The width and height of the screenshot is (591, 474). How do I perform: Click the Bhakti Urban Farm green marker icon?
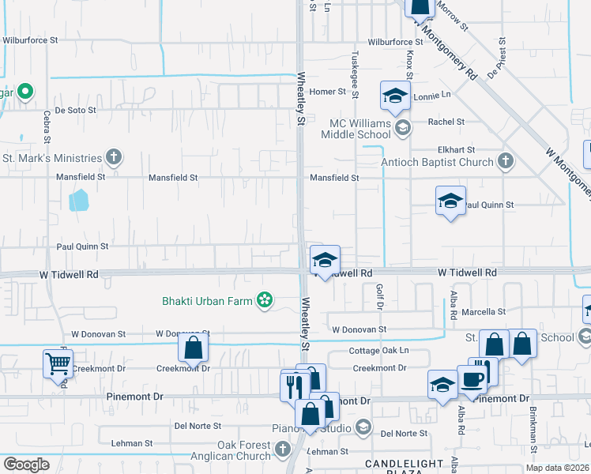(265, 300)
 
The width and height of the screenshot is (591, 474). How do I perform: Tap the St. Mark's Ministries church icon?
(114, 157)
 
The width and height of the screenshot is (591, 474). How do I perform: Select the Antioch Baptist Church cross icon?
(506, 162)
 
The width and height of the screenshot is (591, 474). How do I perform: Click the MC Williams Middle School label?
(362, 129)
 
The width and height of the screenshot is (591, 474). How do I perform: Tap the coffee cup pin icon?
(472, 378)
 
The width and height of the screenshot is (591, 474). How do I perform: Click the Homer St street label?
(328, 92)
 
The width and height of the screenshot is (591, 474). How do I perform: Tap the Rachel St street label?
(446, 122)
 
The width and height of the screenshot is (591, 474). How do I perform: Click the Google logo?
(26, 465)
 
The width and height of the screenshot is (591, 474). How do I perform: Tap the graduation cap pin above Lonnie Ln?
(394, 96)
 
